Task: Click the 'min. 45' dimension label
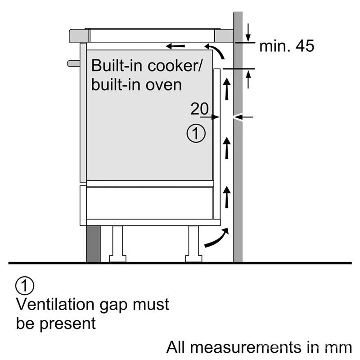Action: (286, 45)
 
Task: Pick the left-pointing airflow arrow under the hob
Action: (175, 46)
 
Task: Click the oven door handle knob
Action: (72, 63)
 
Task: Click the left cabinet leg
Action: (117, 243)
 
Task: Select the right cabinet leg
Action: (193, 243)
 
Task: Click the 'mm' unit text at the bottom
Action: (338, 347)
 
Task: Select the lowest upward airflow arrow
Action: (227, 195)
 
